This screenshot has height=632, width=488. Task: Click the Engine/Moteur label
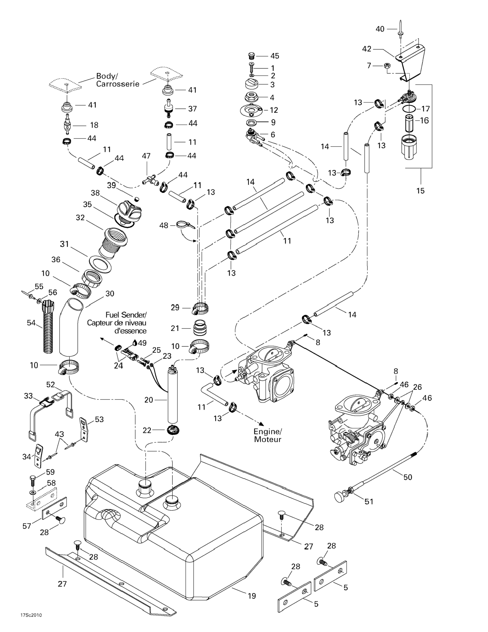coord(267,436)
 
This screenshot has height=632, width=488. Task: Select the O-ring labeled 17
coord(409,109)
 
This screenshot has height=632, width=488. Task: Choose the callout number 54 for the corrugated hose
coord(31,323)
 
